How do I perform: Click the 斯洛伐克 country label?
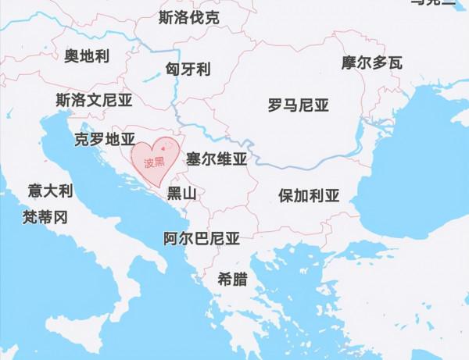pos(188,17)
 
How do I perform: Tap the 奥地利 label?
pos(87,55)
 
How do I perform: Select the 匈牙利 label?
pos(188,69)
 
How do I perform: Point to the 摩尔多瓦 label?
pos(371,62)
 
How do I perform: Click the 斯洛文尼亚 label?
pos(94,100)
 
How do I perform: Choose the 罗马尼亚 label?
pos(298,105)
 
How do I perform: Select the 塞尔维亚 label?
pos(217,160)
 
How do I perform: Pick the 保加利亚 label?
pos(309,195)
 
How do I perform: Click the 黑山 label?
pos(181,193)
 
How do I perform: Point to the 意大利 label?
pos(50,191)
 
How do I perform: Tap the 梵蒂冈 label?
pos(46,216)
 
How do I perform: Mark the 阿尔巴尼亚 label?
pos(202,239)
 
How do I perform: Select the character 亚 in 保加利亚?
pos(332,195)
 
